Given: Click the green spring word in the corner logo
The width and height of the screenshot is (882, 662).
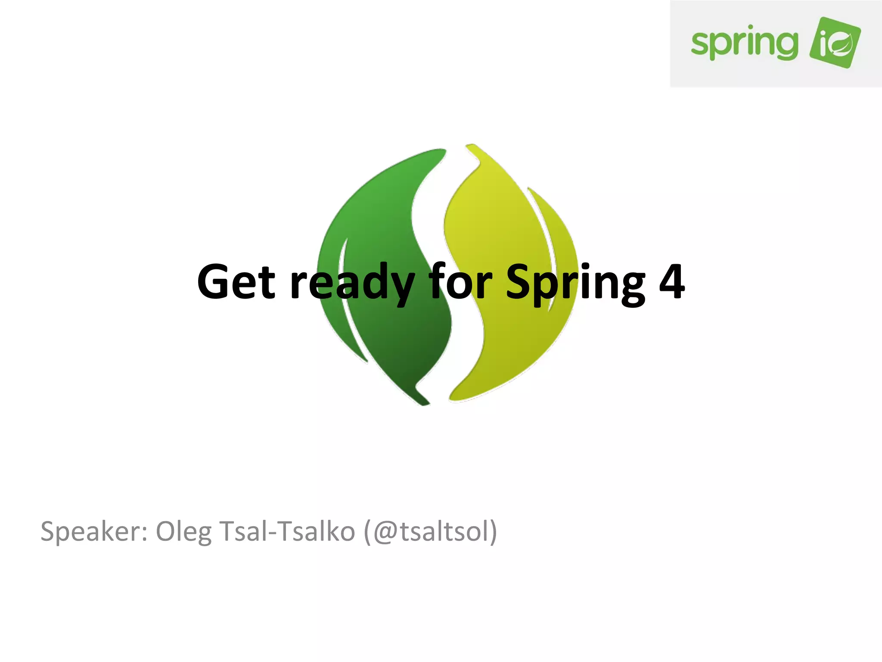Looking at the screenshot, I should pos(744,44).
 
